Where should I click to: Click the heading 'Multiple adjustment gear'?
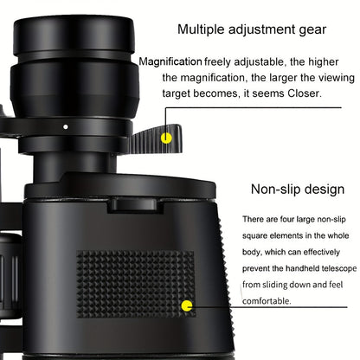(x=252, y=29)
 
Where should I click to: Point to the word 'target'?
(x=183, y=93)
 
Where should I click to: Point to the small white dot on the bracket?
(x=66, y=125)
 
